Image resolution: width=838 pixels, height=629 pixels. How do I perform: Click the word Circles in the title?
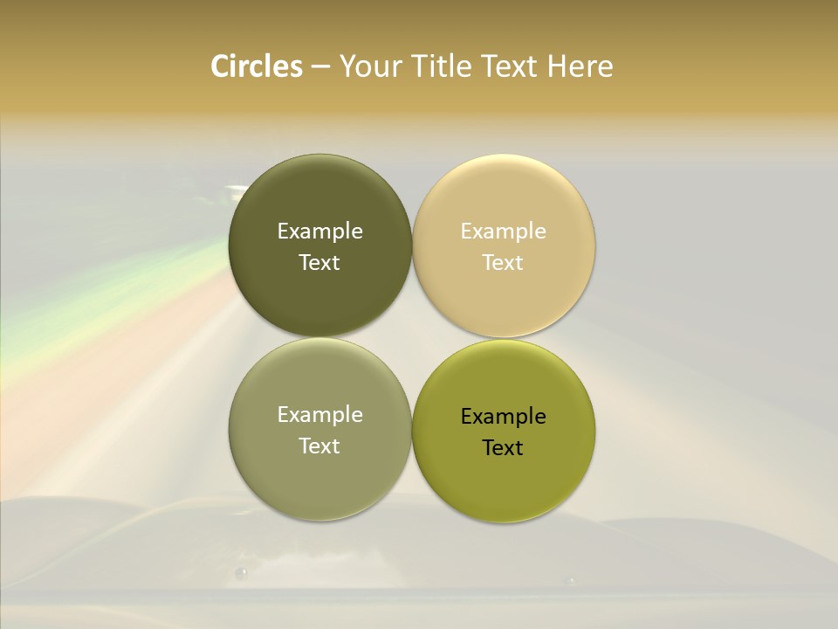(x=257, y=66)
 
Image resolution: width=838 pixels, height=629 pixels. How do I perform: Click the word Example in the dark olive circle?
(x=319, y=231)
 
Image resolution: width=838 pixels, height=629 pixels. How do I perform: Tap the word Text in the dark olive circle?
(x=319, y=262)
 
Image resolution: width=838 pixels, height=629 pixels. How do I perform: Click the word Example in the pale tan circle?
(x=503, y=231)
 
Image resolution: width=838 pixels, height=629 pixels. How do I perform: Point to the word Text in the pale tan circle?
(x=503, y=262)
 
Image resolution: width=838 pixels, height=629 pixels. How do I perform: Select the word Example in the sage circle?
(x=319, y=414)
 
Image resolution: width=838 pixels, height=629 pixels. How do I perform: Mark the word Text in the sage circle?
(x=319, y=446)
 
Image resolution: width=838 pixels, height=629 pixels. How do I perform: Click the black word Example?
(x=503, y=416)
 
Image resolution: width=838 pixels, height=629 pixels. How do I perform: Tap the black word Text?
(x=503, y=447)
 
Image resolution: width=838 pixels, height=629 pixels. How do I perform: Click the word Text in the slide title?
(x=511, y=66)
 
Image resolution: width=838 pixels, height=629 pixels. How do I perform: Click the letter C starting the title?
(x=220, y=66)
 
